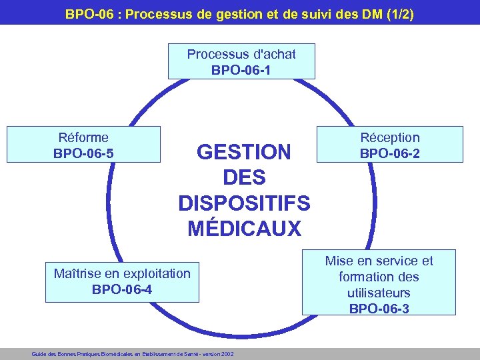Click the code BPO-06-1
pos(241,69)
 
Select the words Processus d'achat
pos(241,53)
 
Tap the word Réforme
pos(83,137)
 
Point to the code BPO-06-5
pos(83,153)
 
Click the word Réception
pos(390,137)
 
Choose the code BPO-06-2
pos(390,153)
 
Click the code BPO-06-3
pos(379,308)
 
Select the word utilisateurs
pos(379,293)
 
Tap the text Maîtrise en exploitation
pos(122,273)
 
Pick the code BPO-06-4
pos(122,289)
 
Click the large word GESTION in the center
pos(244,153)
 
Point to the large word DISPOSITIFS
pos(244,203)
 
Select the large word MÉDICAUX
pos(244,229)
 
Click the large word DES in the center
pos(244,178)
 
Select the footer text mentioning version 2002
pos(133,354)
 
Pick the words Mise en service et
pos(379,261)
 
